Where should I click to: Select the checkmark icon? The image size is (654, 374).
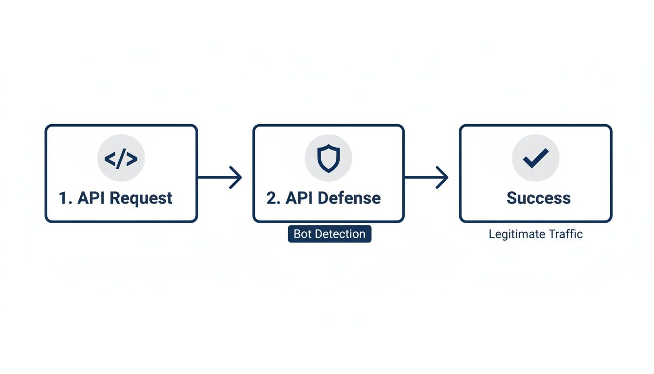click(535, 158)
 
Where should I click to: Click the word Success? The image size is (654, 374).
click(538, 198)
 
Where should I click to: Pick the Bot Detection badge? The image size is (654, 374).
click(329, 234)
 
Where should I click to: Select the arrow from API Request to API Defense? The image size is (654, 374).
click(219, 177)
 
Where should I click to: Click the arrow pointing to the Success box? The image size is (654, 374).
click(426, 177)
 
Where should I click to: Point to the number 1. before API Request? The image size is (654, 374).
click(65, 198)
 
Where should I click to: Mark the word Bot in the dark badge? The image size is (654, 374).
click(303, 234)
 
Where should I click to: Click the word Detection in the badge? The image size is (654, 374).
click(340, 234)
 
